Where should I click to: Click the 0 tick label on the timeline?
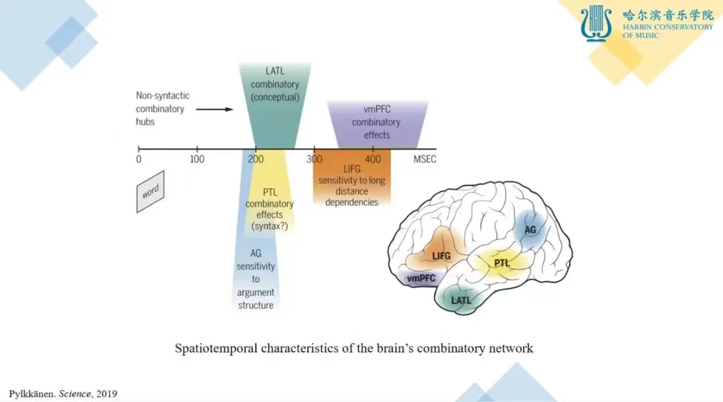pyautogui.click(x=139, y=159)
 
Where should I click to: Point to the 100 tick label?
pyautogui.click(x=197, y=159)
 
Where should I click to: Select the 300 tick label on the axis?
pyautogui.click(x=313, y=159)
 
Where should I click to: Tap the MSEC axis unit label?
pyautogui.click(x=425, y=159)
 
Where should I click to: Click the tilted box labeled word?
pyautogui.click(x=150, y=192)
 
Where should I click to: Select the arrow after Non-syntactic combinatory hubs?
pyautogui.click(x=219, y=109)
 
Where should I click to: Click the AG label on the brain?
pyautogui.click(x=530, y=230)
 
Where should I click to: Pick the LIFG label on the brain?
pyautogui.click(x=441, y=255)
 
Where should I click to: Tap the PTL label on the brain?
pyautogui.click(x=502, y=263)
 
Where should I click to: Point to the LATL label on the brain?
pyautogui.click(x=461, y=300)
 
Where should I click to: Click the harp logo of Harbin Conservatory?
pyautogui.click(x=596, y=23)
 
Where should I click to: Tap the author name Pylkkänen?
pyautogui.click(x=31, y=393)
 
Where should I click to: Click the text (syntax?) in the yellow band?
pyautogui.click(x=269, y=226)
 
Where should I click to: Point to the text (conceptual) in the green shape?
pyautogui.click(x=274, y=97)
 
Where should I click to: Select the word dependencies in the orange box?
pyautogui.click(x=352, y=202)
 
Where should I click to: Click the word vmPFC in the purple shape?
pyautogui.click(x=376, y=111)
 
